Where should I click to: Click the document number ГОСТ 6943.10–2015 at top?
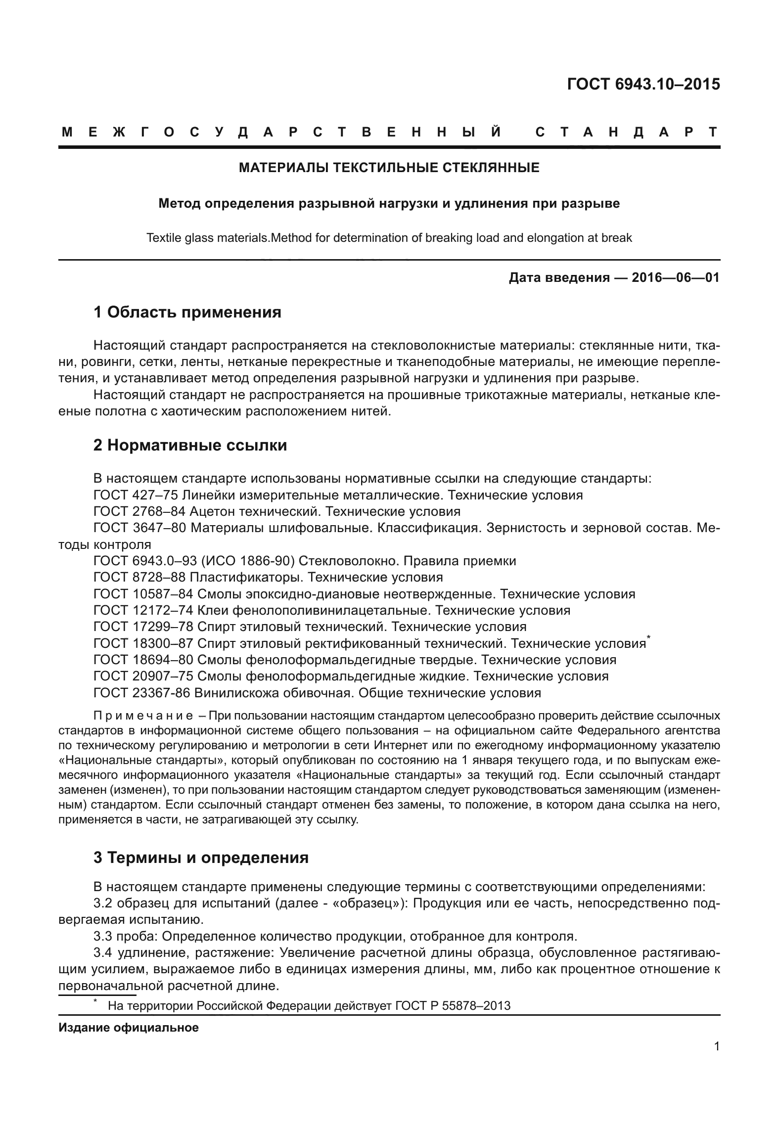(643, 85)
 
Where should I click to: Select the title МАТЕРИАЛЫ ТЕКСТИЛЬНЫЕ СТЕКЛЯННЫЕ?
(389, 168)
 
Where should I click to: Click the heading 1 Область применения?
(187, 312)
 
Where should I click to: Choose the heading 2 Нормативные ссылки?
(190, 445)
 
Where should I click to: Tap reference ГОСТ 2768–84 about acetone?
(139, 511)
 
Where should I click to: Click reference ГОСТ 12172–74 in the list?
(143, 610)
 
